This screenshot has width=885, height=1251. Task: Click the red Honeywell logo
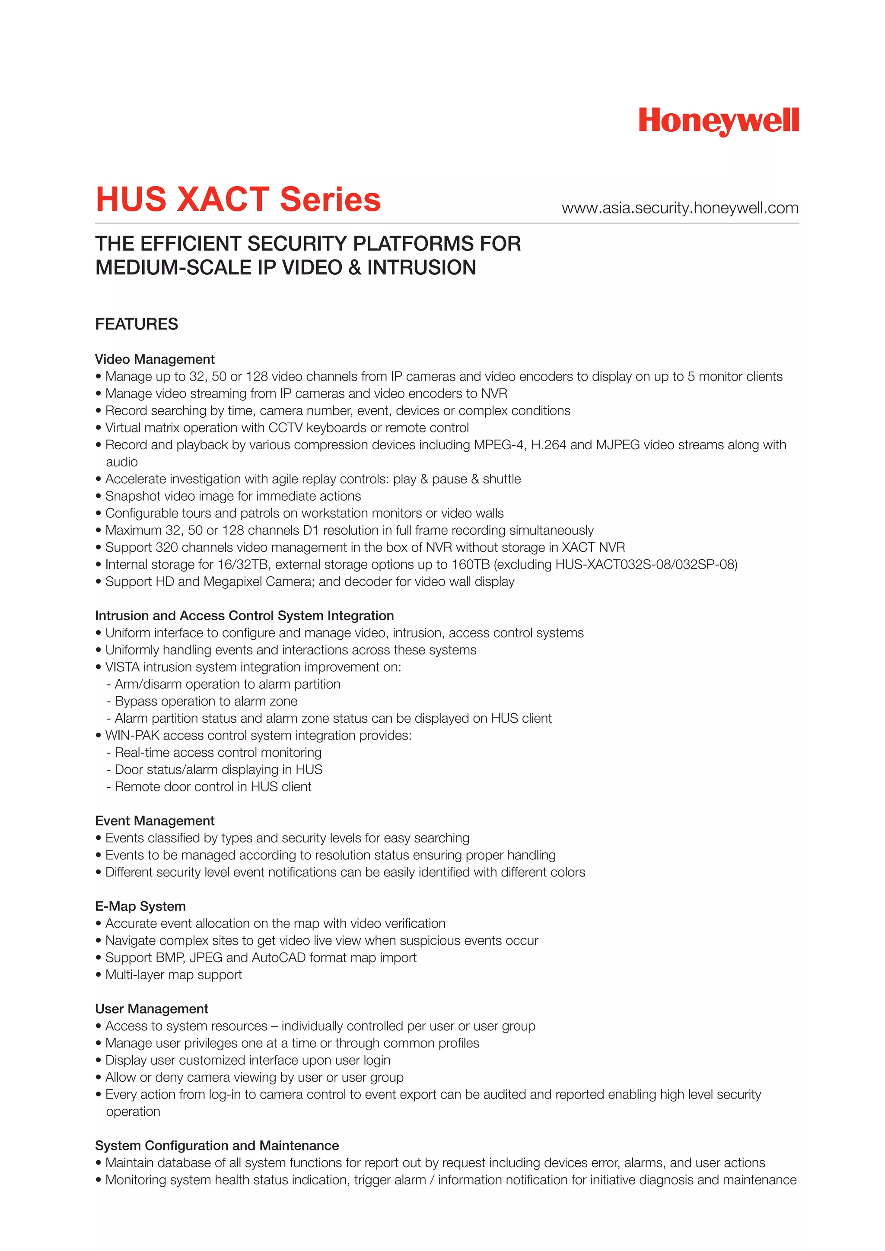coord(718,121)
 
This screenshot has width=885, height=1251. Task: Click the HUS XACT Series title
coord(238,200)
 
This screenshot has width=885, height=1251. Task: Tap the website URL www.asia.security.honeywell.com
coord(680,208)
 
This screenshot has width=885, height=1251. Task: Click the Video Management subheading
coord(155,359)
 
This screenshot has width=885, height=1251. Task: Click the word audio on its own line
coord(121,462)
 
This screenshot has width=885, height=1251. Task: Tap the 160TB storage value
coord(471,565)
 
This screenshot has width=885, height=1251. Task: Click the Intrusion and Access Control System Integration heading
coord(244,616)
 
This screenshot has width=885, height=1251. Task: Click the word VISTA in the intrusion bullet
coord(122,667)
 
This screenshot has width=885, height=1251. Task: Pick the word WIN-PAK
coord(132,736)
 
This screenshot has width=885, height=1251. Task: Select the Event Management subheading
coord(155,821)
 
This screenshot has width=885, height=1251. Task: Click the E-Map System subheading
coord(140,906)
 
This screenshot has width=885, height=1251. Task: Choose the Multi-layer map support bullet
coord(173,975)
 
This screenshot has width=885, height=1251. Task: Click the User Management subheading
coord(152,1009)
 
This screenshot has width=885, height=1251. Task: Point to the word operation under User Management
coord(133,1111)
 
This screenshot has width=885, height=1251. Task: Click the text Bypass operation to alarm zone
coord(205,701)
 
